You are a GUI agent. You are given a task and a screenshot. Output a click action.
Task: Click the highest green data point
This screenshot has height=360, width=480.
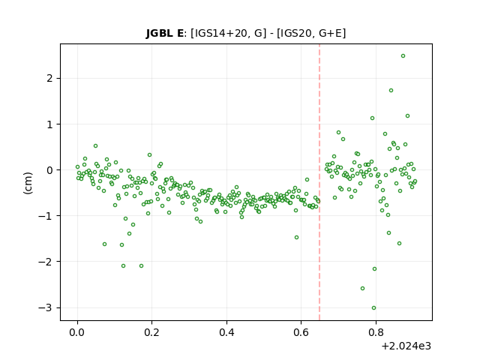pyautogui.click(x=403, y=56)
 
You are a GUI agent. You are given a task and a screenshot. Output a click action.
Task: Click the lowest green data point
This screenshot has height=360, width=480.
pyautogui.click(x=373, y=308)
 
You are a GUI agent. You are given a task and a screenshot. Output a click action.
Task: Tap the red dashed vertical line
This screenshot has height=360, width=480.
pyautogui.click(x=319, y=182)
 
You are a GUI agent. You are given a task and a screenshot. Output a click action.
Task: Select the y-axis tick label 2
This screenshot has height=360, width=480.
pyautogui.click(x=50, y=78)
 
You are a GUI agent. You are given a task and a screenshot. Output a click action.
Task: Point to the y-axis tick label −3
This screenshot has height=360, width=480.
pyautogui.click(x=45, y=307)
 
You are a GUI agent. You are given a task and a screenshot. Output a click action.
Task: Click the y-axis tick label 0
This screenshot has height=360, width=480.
pyautogui.click(x=50, y=170)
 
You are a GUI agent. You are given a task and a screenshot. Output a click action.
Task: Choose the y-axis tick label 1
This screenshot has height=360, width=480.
pyautogui.click(x=50, y=124)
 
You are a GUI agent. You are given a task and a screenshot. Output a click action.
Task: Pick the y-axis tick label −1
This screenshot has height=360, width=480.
pyautogui.click(x=45, y=216)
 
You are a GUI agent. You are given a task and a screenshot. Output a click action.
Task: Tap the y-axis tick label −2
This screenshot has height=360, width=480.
pyautogui.click(x=45, y=262)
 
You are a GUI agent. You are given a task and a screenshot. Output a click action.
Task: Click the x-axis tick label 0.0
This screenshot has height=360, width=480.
pyautogui.click(x=77, y=332)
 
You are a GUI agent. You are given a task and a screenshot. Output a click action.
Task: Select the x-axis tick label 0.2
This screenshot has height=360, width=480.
pyautogui.click(x=151, y=332)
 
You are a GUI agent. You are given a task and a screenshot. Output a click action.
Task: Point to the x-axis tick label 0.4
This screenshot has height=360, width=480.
pyautogui.click(x=226, y=332)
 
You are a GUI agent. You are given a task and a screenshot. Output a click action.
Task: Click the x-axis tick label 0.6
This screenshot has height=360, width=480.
pyautogui.click(x=301, y=332)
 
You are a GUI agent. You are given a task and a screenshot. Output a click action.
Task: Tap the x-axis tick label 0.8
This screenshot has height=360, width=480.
pyautogui.click(x=376, y=332)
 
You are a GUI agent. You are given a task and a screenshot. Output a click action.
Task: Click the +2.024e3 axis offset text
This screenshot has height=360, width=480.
pyautogui.click(x=406, y=346)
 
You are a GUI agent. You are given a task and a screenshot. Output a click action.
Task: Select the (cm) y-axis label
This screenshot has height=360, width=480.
pyautogui.click(x=28, y=182)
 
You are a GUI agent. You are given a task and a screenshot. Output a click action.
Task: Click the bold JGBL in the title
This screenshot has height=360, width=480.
pyautogui.click(x=159, y=33)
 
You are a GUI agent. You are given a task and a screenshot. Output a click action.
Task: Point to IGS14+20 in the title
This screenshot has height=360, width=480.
pyautogui.click(x=220, y=33)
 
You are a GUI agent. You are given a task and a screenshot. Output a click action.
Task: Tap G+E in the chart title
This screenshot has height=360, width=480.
pyautogui.click(x=331, y=33)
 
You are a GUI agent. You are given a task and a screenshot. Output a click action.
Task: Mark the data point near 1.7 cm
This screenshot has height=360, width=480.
pyautogui.click(x=391, y=91)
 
